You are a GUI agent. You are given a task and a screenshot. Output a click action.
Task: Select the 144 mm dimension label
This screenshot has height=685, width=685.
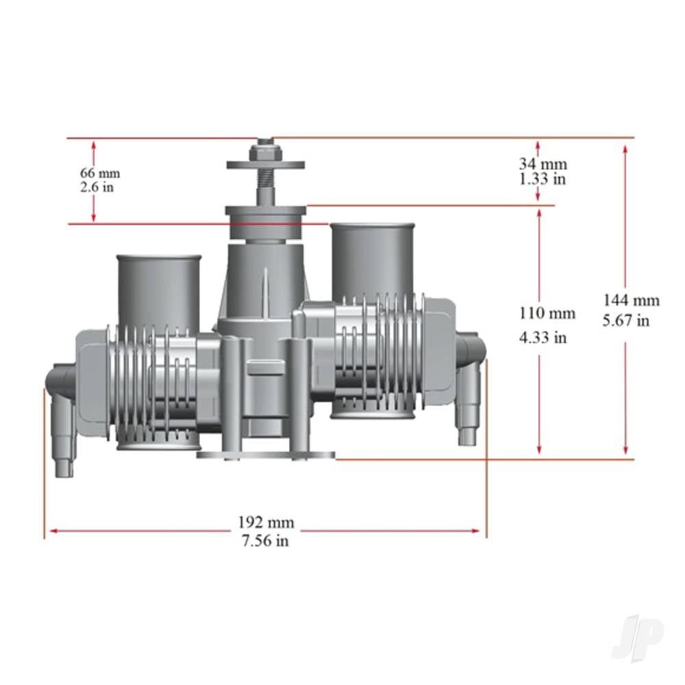(631, 300)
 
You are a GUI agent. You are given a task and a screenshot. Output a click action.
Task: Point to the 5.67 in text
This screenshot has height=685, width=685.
(626, 320)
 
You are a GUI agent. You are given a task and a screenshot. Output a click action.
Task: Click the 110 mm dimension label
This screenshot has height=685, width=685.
(547, 314)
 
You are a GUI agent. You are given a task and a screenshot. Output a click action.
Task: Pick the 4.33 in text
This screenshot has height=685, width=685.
(543, 337)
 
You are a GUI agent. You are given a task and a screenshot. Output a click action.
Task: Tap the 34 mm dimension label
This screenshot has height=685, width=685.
(543, 164)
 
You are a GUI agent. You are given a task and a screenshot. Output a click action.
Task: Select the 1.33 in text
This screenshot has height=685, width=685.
(542, 179)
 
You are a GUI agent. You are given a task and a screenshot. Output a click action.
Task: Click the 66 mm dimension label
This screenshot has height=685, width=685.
(99, 172)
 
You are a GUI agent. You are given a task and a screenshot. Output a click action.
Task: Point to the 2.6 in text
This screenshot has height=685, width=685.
(97, 187)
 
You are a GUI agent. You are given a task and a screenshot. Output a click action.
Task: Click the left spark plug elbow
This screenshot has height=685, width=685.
(62, 411)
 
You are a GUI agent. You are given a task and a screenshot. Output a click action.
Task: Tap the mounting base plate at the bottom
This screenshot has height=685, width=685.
(266, 454)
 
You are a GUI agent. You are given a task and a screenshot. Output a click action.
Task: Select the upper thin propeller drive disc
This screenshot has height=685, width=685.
(265, 164)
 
